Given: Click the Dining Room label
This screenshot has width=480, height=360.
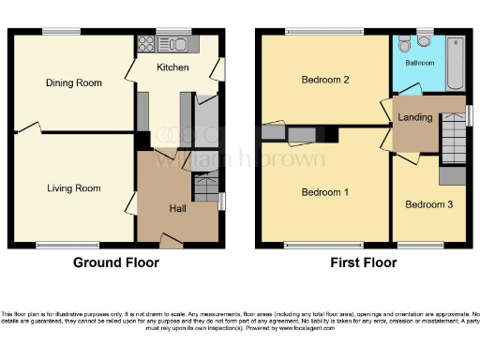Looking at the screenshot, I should [x=74, y=82].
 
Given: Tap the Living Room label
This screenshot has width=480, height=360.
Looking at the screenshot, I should [x=74, y=188].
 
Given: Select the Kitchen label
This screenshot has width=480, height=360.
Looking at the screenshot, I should [x=172, y=67].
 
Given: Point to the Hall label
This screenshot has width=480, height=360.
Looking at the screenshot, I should [x=177, y=208].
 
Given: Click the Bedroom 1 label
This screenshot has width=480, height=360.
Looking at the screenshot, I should [x=324, y=193].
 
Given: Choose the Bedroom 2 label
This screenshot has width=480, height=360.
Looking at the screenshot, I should [x=325, y=80].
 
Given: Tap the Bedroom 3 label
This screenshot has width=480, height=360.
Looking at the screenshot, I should [x=428, y=203].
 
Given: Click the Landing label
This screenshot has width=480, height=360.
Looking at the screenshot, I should [x=415, y=117].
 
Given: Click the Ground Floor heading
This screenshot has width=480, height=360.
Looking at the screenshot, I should [x=116, y=263].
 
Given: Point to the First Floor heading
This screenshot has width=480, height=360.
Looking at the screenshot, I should [x=367, y=263].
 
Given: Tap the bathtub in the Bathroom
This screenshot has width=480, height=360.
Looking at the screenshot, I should [x=456, y=62].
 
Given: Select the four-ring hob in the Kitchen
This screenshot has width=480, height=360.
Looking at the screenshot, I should [x=147, y=43].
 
